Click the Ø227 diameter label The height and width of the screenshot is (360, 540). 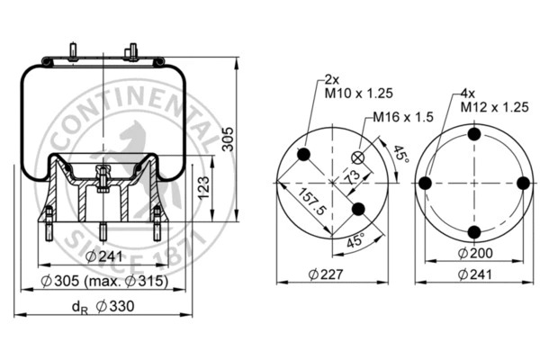click(x=332, y=274)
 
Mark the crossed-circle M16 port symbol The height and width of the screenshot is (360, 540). click(x=359, y=157)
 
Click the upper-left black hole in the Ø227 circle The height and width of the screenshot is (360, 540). click(x=305, y=155)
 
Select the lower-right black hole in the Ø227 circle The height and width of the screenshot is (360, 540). click(x=359, y=209)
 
